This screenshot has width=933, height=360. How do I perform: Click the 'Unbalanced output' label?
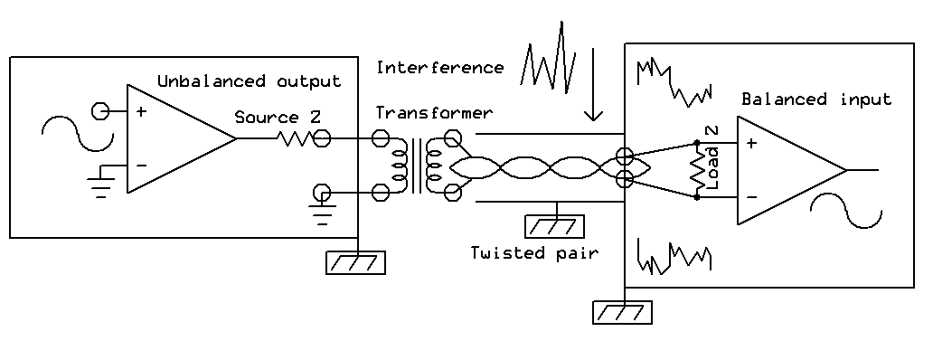250,81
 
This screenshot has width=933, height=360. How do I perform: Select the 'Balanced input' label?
816,99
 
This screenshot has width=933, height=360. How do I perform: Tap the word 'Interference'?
439,68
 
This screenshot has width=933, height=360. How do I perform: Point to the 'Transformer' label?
434,113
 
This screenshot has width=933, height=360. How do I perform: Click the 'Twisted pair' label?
533,252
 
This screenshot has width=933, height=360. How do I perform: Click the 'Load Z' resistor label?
712,157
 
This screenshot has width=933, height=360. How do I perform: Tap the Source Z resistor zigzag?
295,139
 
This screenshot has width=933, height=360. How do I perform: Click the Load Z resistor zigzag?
696,169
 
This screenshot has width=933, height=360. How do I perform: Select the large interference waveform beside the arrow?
550,56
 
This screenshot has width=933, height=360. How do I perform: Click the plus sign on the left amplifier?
142,112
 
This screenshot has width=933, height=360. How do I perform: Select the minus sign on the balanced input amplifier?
752,196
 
